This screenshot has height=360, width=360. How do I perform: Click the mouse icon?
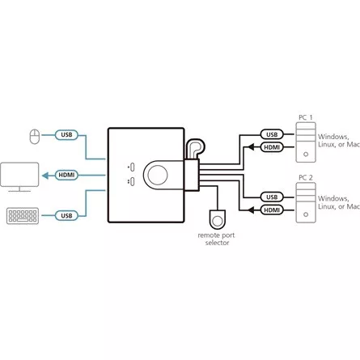coord(34,137)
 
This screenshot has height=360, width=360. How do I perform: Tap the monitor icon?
coord(19,176)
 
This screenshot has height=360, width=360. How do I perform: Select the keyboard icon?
coord(23,216)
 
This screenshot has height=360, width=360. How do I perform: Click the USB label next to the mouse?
coord(66,135)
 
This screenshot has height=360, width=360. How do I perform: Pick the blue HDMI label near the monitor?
coord(66,175)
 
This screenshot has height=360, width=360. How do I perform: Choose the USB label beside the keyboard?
coord(66,216)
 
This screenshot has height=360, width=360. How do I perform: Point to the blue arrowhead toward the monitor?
coord(45,176)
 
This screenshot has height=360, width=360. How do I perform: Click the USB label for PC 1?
coord(272,134)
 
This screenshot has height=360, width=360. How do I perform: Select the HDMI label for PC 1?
coord(272,147)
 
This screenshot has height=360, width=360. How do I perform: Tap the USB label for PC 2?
coord(272,197)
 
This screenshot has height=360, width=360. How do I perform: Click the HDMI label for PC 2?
coord(272,210)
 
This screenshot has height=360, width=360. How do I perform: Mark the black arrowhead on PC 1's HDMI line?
coord(251,147)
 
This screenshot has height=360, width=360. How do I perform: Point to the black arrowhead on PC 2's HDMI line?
coord(251,210)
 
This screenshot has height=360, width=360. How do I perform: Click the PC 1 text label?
coord(306,117)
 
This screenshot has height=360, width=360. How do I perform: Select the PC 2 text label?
coord(306,178)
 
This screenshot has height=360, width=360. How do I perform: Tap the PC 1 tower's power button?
coord(306,155)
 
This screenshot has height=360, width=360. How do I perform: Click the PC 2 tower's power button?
coord(306,214)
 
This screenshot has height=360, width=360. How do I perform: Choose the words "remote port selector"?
coord(217,239)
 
